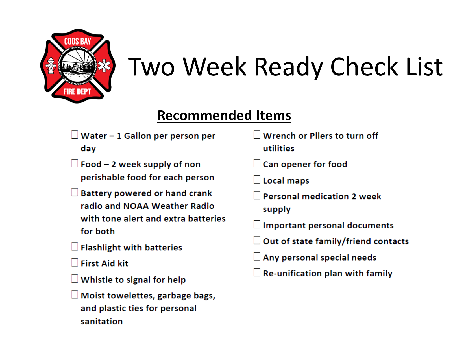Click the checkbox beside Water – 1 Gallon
pos(74,135)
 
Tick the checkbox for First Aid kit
pos(74,262)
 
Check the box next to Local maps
pos(257,180)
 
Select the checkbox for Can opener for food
pos(257,163)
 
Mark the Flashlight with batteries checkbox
pos(74,246)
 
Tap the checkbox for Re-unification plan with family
pos(257,272)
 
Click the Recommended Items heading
pos(224,115)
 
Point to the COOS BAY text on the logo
pos(78,41)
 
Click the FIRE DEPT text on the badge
pos(77,91)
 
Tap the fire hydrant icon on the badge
pos(51,66)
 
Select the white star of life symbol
pos(104,66)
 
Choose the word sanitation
pos(102,321)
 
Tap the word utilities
pos(278,148)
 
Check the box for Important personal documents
pos(257,224)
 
